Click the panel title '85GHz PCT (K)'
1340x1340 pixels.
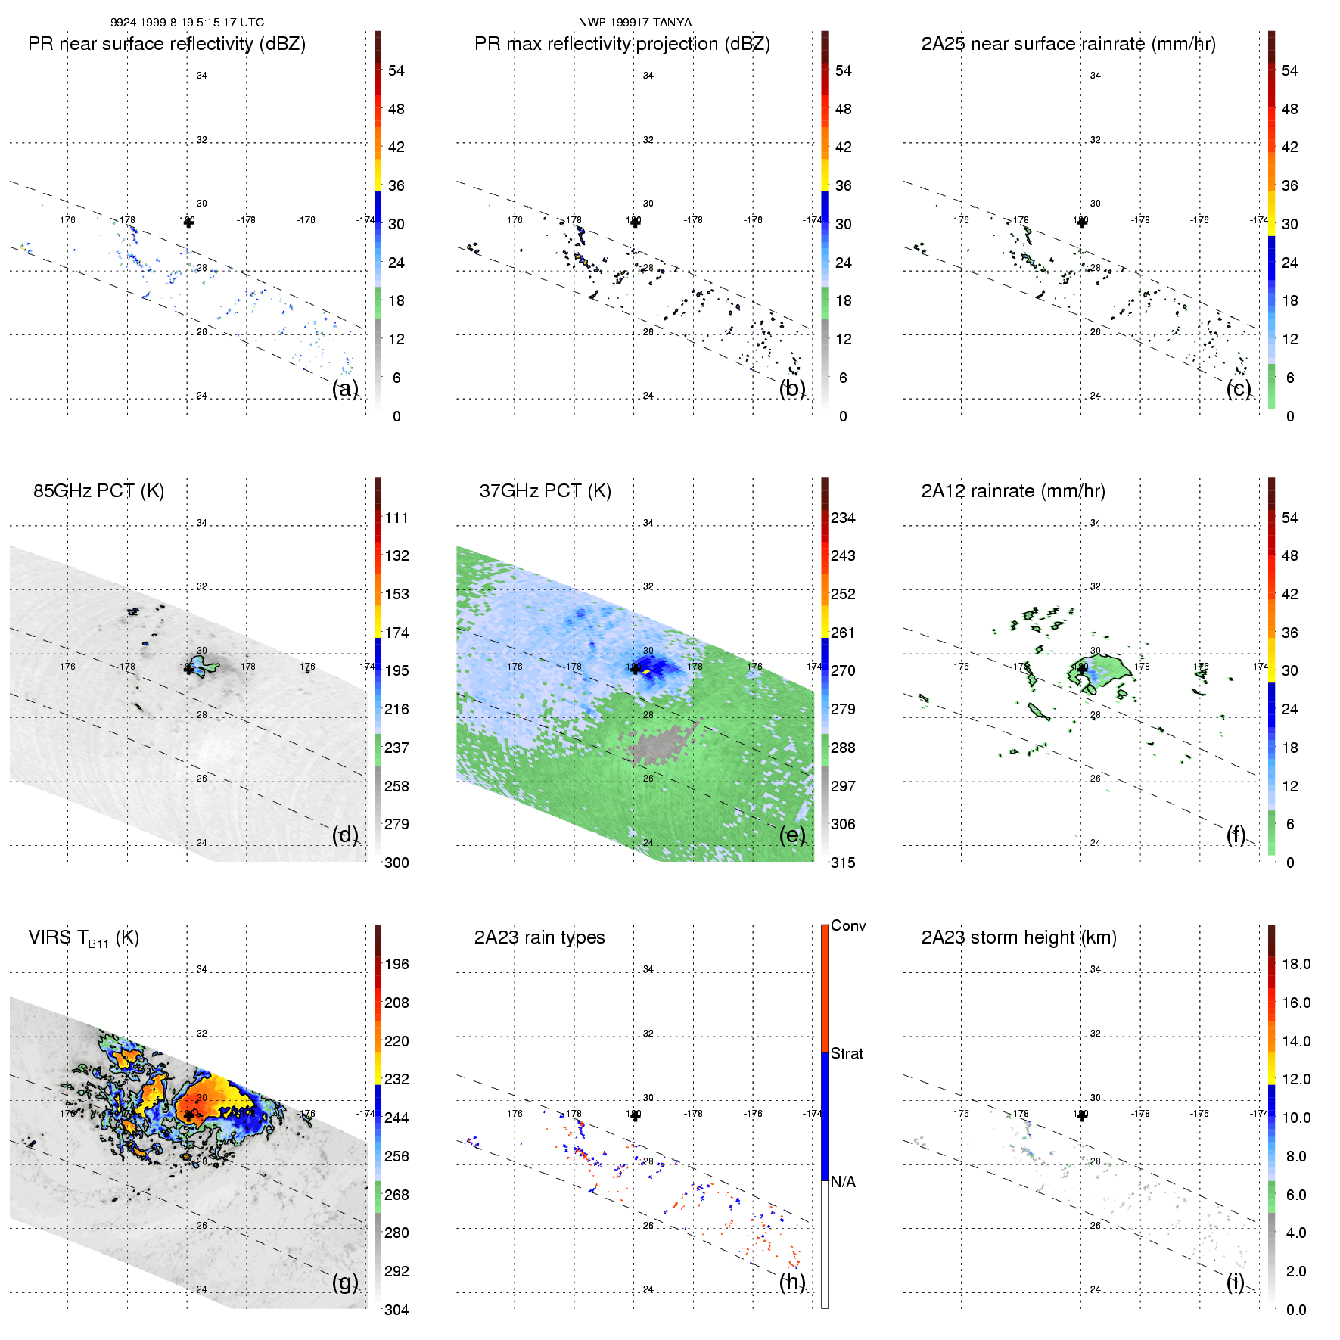pyautogui.click(x=98, y=491)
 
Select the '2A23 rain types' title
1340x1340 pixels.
pyautogui.click(x=539, y=937)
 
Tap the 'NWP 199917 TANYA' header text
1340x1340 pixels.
pyautogui.click(x=635, y=23)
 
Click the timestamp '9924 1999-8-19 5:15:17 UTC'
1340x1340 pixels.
pyautogui.click(x=187, y=23)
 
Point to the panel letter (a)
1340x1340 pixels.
pyautogui.click(x=345, y=389)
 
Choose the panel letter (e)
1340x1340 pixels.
pyautogui.click(x=792, y=835)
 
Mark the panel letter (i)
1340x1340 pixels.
pyautogui.click(x=1236, y=1282)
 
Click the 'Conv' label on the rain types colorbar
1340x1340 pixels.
pyautogui.click(x=848, y=926)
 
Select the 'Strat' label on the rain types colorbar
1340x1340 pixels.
pyautogui.click(x=847, y=1054)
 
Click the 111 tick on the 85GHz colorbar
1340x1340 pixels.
pyautogui.click(x=396, y=518)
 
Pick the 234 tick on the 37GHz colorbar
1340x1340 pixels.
pyautogui.click(x=843, y=518)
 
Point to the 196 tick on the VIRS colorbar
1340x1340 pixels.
pyautogui.click(x=396, y=965)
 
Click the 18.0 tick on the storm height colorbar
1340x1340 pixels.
pyautogui.click(x=1296, y=965)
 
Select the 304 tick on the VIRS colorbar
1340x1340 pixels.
pyautogui.click(x=396, y=1310)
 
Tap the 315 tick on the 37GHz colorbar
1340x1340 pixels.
pyautogui.click(x=843, y=863)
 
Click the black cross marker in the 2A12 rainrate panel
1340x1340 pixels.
pyautogui.click(x=1082, y=669)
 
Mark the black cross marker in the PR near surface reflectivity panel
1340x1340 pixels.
pyautogui.click(x=188, y=222)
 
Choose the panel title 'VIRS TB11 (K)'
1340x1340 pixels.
pyautogui.click(x=83, y=938)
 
